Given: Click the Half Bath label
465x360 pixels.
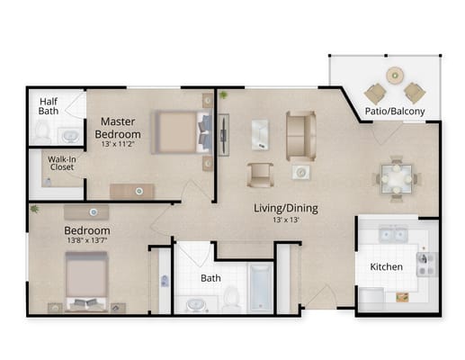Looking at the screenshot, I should click(x=48, y=107).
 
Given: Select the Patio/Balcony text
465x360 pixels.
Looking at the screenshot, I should click(x=395, y=112).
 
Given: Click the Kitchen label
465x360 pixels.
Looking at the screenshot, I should click(x=387, y=267).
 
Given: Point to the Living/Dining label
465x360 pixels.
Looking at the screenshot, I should click(x=285, y=208).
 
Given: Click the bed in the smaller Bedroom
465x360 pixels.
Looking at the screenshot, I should click(x=87, y=280).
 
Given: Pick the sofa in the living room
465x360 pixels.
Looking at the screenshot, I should click(x=300, y=134).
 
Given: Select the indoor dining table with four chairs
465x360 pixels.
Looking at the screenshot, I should click(x=396, y=175).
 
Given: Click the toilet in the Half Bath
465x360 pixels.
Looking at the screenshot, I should click(x=42, y=132).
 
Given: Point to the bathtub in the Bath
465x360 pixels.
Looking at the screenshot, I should click(x=261, y=289).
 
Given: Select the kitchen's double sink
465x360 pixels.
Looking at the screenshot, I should click(x=392, y=236).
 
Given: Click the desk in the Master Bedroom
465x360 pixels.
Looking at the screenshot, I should click(x=132, y=191).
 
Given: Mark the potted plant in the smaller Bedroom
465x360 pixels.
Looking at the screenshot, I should click(x=34, y=209).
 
